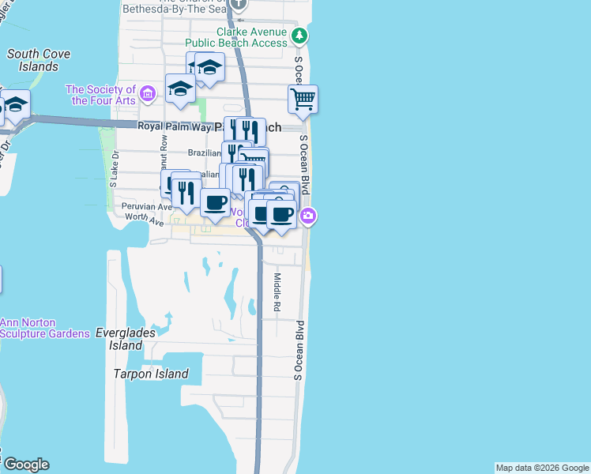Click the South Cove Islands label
point(39,60)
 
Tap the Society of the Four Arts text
point(100,95)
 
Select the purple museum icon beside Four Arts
point(146,95)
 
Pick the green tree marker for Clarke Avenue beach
point(299,36)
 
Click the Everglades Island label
point(119,339)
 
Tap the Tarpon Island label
point(151,374)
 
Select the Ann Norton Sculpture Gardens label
point(44,328)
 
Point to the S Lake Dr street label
point(115,169)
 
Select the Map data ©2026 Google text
point(541,468)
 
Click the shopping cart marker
point(303,100)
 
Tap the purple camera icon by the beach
point(308,215)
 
